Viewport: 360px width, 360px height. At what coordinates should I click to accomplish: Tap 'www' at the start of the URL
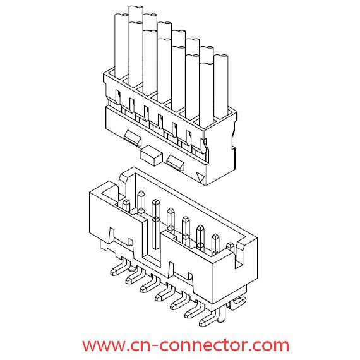coord(103,345)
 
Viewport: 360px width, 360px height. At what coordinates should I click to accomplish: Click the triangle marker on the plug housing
coord(200,177)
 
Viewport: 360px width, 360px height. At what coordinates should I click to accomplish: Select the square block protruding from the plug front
coord(150,155)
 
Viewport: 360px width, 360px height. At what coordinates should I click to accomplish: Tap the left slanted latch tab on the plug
coord(133,138)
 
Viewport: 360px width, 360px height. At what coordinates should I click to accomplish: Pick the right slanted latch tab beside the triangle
coord(176,162)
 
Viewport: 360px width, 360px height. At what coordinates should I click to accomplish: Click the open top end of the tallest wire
coord(136,9)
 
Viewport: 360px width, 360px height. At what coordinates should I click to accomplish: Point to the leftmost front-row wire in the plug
coord(121,46)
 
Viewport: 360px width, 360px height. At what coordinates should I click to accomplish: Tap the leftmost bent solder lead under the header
coord(119,268)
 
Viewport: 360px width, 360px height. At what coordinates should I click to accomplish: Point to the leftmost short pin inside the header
coord(126,205)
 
